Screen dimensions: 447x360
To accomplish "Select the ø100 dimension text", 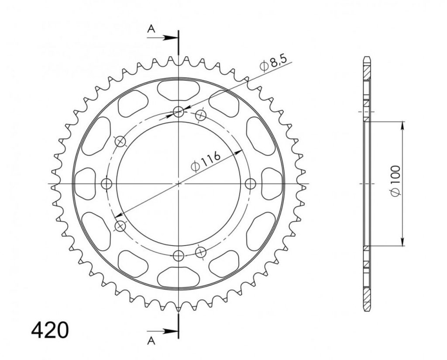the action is click(396, 180).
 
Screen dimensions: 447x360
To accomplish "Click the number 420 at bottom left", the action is click(50, 330).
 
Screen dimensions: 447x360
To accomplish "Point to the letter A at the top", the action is click(151, 28).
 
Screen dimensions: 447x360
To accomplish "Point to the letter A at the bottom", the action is click(151, 340).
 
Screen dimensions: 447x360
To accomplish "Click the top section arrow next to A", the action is click(162, 38).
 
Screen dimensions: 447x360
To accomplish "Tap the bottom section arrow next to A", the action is click(162, 331).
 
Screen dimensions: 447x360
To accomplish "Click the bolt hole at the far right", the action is click(251, 183).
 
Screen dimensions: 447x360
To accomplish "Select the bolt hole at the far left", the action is click(107, 183).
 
